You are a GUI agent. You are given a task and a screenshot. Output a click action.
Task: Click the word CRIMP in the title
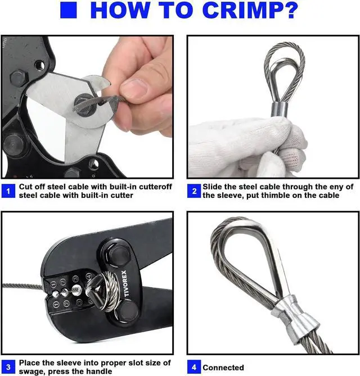(x=240, y=10)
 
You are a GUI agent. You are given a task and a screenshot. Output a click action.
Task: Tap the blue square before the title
(x=69, y=10)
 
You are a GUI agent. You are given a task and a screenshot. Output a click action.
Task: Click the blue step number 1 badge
(x=8, y=191)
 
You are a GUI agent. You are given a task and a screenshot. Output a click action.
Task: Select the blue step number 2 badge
(x=194, y=191)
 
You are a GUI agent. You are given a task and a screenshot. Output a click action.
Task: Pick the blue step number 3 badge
(x=8, y=367)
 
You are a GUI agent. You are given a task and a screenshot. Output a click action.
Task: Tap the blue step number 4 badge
(x=194, y=367)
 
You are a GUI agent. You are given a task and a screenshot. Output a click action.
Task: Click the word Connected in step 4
(x=223, y=368)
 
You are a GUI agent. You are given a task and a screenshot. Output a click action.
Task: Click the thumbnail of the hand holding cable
(x=87, y=107)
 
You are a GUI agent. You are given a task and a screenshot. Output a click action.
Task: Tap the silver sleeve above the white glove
(x=279, y=110)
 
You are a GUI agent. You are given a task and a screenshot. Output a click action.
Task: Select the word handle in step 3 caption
(x=99, y=372)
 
